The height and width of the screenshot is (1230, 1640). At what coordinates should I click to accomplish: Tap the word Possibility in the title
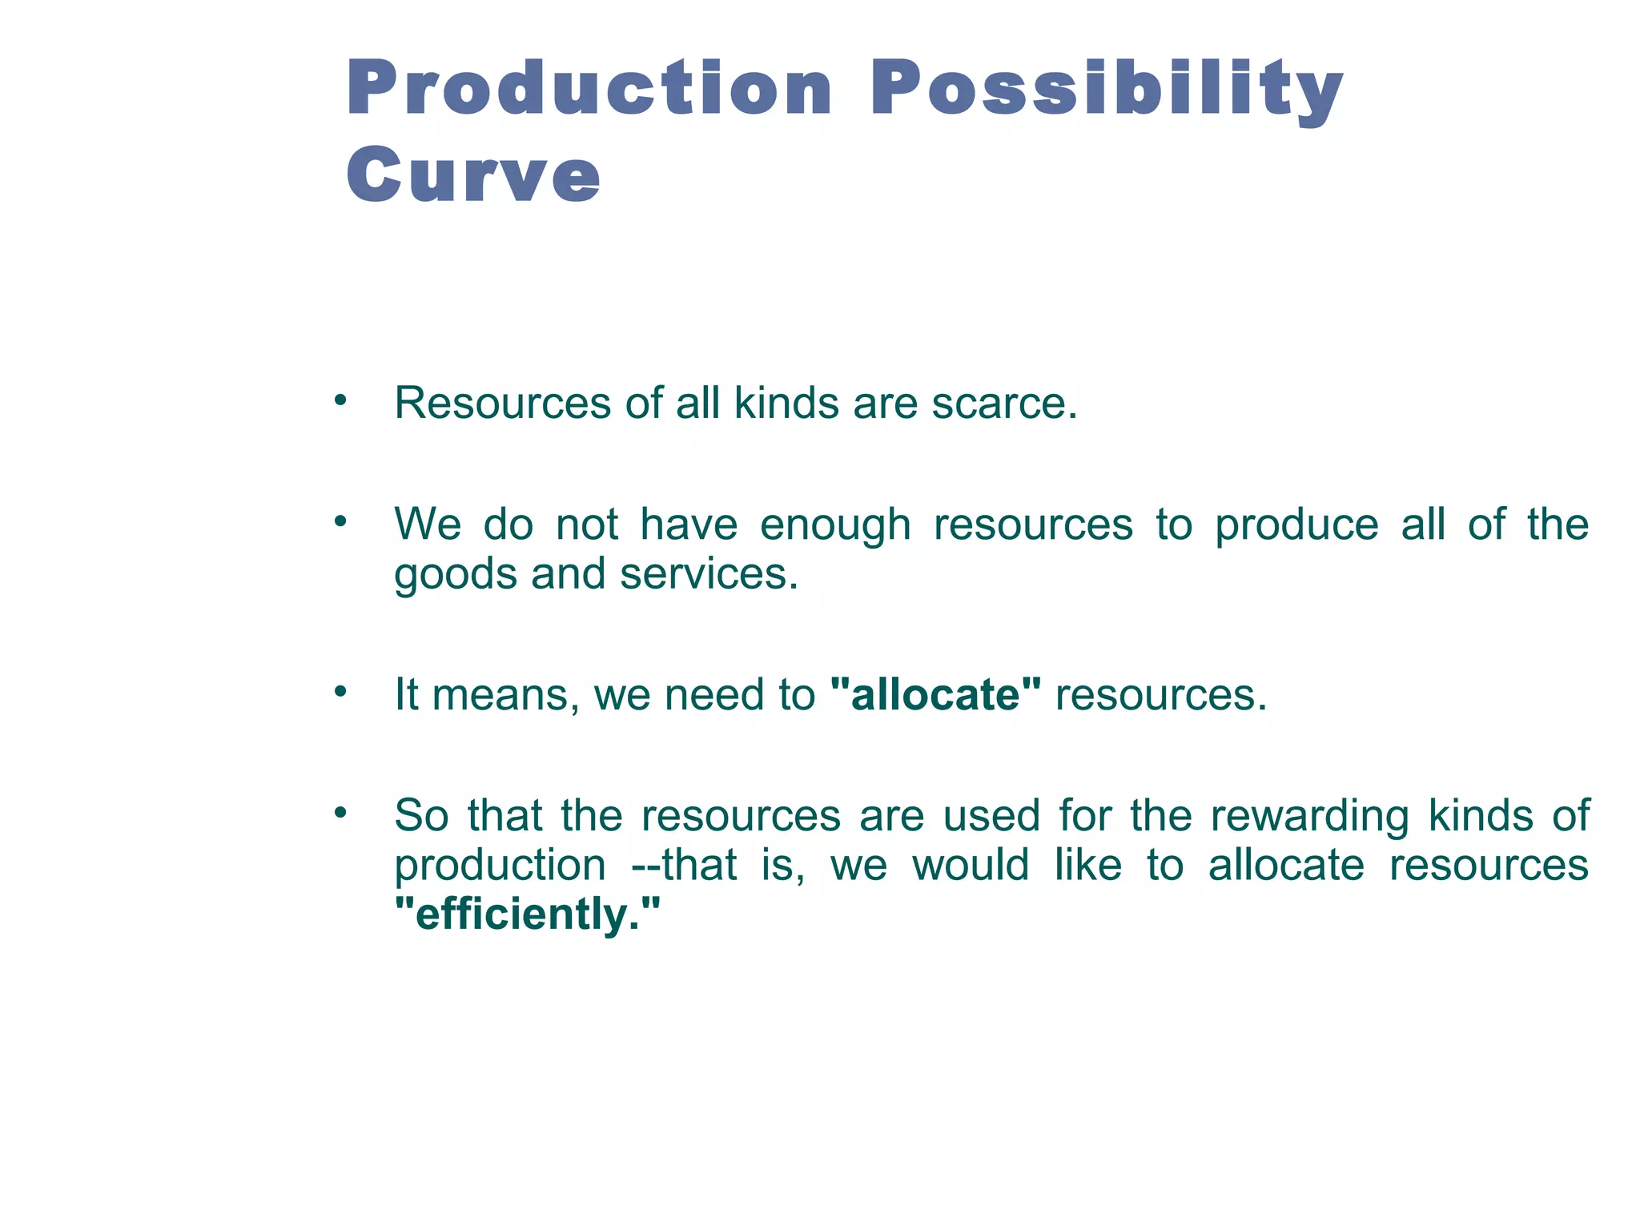pos(1106,90)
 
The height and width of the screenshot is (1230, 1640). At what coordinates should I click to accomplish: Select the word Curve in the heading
pos(473,175)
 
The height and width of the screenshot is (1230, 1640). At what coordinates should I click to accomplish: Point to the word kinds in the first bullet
pos(786,403)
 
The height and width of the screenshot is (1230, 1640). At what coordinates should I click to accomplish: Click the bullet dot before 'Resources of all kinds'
pos(341,399)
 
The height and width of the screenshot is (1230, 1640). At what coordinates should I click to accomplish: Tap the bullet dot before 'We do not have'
pos(341,521)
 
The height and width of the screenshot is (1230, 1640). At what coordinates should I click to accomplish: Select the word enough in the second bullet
pos(835,526)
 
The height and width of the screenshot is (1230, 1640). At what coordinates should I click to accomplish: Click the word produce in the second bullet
pos(1296,526)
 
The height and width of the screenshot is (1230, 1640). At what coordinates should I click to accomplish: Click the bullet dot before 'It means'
pos(341,690)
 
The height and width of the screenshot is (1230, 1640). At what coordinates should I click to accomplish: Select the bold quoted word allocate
pos(936,694)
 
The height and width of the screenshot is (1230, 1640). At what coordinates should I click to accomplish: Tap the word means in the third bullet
pos(505,694)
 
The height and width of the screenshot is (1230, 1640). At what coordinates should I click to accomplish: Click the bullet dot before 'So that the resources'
pos(341,812)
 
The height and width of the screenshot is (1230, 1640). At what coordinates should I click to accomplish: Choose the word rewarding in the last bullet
pos(1309,817)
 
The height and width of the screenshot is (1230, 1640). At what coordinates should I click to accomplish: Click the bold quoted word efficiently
pos(528,914)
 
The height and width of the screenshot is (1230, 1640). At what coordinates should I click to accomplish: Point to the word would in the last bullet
pos(971,866)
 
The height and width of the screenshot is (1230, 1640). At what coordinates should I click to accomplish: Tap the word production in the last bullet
pos(500,866)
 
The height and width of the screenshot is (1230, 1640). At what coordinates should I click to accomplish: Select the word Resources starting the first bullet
pos(502,403)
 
